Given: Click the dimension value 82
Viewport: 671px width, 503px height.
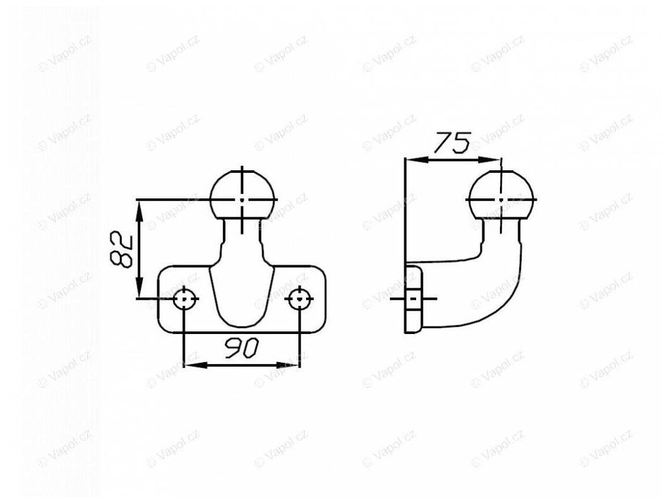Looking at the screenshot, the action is [121, 250].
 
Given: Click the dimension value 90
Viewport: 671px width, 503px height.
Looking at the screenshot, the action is [241, 348].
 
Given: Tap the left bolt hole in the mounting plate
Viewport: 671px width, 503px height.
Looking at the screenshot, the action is [185, 299].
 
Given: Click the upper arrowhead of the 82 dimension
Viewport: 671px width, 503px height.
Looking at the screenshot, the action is [140, 211].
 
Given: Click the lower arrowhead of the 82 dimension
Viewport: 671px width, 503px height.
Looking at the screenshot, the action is [140, 288].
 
